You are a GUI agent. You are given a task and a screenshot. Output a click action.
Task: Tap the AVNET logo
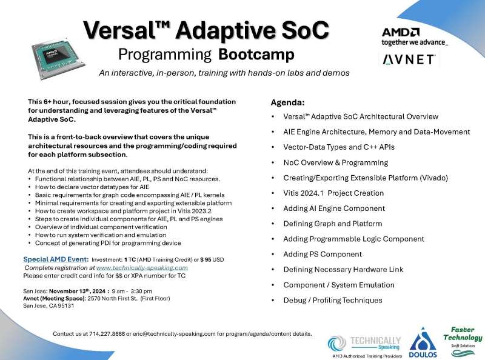(x=409, y=59)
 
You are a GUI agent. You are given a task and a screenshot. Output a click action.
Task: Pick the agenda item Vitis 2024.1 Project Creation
(x=333, y=193)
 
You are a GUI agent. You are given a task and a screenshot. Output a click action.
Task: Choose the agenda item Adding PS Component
(x=323, y=254)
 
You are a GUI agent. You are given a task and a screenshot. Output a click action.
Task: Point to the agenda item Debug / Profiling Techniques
(x=333, y=300)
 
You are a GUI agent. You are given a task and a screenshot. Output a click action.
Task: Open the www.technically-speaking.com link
(x=142, y=267)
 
